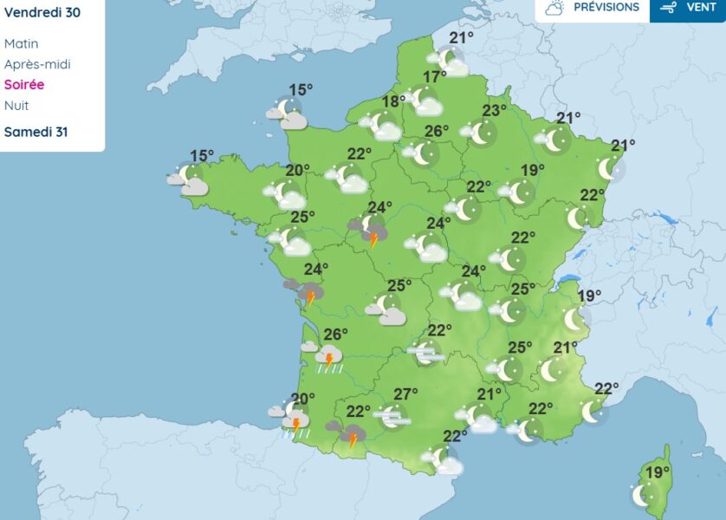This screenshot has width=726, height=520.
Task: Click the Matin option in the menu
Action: tap(22, 43)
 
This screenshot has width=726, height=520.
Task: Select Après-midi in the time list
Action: tap(37, 64)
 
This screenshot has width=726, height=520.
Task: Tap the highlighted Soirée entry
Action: tap(24, 85)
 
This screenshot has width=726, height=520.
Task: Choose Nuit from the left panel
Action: tap(16, 106)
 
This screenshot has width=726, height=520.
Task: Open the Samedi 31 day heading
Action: tap(36, 132)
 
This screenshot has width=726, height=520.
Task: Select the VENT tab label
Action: tap(701, 7)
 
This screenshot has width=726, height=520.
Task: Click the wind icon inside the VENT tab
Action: tap(668, 8)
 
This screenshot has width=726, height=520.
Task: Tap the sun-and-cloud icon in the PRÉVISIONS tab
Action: tap(555, 8)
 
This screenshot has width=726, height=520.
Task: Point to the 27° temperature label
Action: tap(405, 394)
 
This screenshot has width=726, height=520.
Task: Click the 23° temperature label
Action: tap(494, 111)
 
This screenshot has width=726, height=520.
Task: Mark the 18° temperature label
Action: tap(394, 101)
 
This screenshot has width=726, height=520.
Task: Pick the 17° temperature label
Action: tap(434, 78)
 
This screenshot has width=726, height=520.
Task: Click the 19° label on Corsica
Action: tap(657, 472)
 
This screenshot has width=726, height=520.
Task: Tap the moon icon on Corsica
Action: tap(642, 495)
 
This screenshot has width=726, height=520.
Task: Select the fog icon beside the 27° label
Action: tap(392, 418)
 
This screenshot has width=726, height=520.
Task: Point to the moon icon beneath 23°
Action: tap(482, 133)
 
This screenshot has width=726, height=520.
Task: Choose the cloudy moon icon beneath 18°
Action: tap(382, 127)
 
